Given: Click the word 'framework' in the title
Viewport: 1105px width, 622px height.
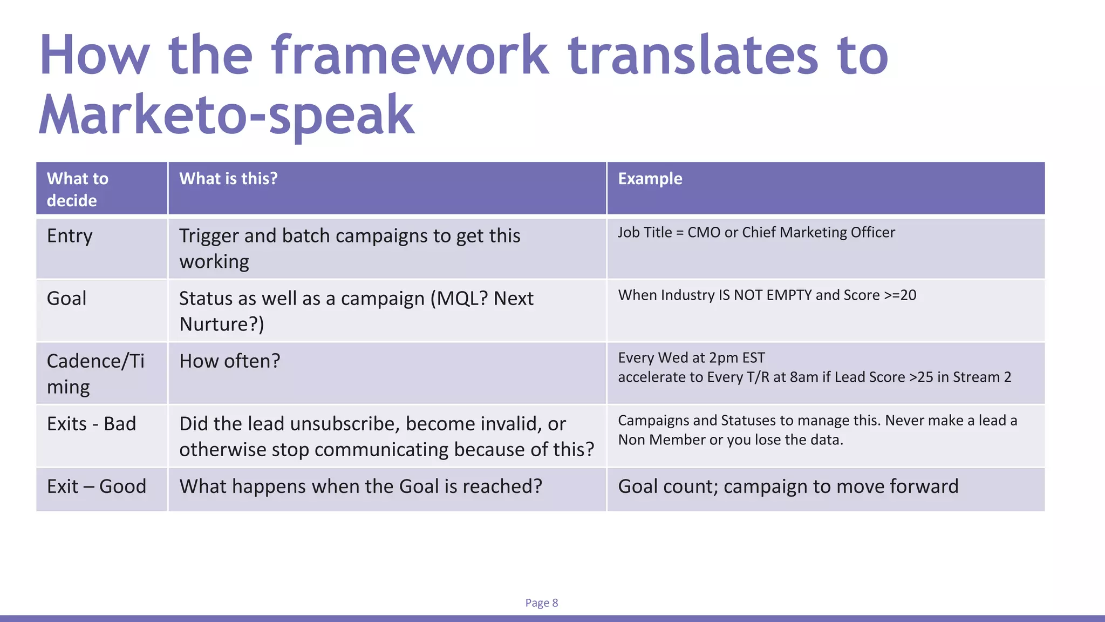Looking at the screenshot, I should (x=410, y=55).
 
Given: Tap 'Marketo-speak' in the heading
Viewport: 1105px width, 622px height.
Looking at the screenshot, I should (x=227, y=114).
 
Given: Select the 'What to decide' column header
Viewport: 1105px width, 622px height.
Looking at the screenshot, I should (x=77, y=189).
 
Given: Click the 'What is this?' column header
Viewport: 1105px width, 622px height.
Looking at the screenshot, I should (x=228, y=179).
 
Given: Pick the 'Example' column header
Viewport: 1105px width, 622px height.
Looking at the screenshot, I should (x=650, y=179).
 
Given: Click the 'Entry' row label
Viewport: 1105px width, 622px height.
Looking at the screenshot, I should (x=70, y=236).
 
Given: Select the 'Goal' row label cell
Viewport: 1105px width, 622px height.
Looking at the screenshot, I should (x=66, y=299).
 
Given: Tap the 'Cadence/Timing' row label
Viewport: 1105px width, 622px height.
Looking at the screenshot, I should (x=96, y=374).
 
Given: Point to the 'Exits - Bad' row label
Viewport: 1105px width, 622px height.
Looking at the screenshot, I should (x=91, y=424).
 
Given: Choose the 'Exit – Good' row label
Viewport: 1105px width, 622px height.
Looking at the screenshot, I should (x=96, y=486).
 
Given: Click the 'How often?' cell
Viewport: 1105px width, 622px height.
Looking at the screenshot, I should (x=229, y=361).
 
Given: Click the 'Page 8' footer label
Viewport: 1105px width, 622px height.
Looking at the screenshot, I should (x=541, y=603).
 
